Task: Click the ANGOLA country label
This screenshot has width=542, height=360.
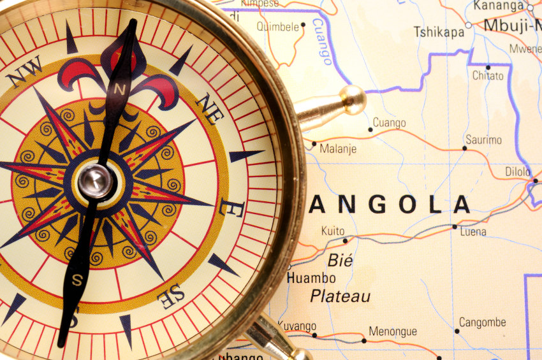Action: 390,205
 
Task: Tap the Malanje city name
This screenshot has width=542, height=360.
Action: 339,150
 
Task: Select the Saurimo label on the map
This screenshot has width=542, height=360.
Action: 483,140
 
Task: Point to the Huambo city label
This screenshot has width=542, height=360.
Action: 311,278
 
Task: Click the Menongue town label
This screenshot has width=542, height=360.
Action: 393,331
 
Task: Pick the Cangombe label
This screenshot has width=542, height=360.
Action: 482,322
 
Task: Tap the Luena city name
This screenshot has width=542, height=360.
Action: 473,231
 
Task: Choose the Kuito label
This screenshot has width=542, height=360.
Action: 333,231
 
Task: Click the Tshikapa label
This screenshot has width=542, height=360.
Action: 439,32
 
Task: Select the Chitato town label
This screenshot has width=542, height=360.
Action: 488,75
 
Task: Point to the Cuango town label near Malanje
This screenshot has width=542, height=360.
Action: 389,122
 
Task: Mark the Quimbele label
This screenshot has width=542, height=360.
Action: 277,27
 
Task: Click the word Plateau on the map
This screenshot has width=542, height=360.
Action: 340,296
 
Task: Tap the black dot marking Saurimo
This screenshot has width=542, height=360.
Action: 464,148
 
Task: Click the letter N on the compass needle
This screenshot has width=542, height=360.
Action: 119,90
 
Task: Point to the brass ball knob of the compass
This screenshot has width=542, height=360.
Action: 352,99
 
